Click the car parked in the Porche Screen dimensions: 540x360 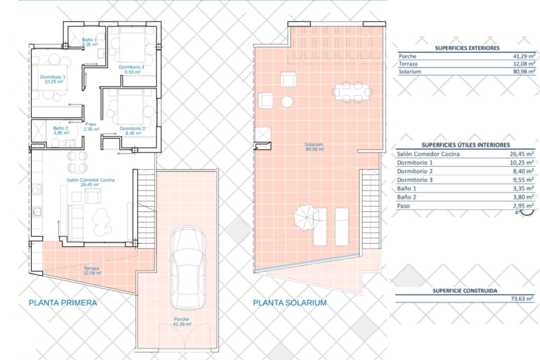[x=188, y=268]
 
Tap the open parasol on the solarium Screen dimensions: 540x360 [x=306, y=217]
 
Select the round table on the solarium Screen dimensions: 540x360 [x=287, y=101]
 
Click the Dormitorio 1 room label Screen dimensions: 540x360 [x=53, y=79]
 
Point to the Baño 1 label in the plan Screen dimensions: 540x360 [x=89, y=42]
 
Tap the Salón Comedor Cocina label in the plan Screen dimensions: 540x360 [x=90, y=182]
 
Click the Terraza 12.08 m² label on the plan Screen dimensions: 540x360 [x=92, y=271]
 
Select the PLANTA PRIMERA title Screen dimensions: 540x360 [x=62, y=303]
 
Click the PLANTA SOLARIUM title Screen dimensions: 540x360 [x=290, y=303]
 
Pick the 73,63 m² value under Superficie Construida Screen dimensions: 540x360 [x=523, y=298]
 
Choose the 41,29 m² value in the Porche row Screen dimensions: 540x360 [x=524, y=56]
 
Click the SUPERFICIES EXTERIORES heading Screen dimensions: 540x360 [x=467, y=48]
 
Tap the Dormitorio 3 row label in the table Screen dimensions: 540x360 [x=415, y=180]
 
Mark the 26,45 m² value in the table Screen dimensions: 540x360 [x=522, y=154]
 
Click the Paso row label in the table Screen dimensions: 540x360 [x=403, y=206]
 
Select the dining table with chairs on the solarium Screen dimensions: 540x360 [x=352, y=92]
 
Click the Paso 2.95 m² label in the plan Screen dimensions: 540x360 [x=91, y=127]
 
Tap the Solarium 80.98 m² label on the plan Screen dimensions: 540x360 [x=314, y=147]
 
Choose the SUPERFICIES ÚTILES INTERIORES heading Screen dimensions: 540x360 [x=466, y=145]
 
